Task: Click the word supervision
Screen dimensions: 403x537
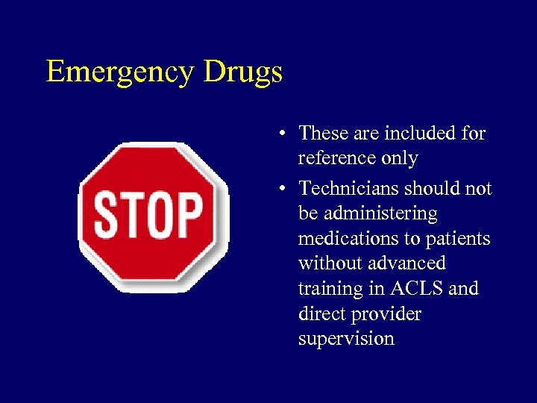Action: tap(346, 339)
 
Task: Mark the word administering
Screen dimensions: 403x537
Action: tap(368, 213)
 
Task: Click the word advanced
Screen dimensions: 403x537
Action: tap(409, 263)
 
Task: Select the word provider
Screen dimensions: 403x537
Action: tap(388, 313)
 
